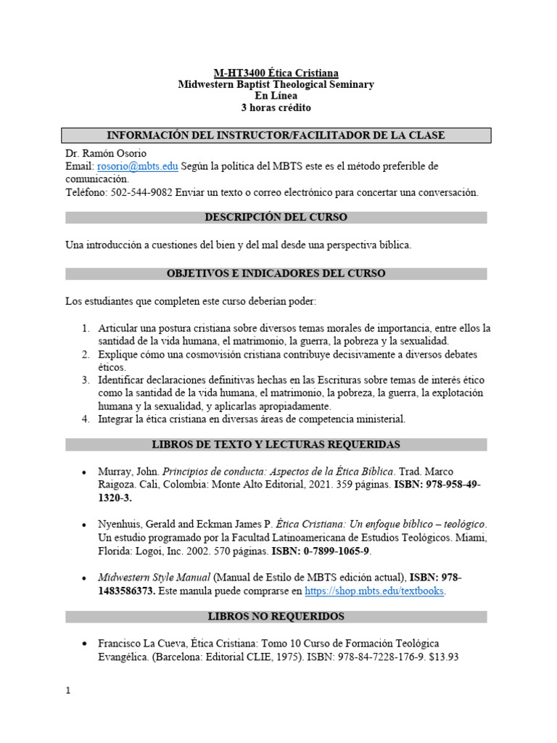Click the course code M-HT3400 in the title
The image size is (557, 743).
coord(238,73)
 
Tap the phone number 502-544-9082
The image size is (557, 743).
coord(141,192)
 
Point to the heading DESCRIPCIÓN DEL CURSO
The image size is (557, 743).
coord(276,217)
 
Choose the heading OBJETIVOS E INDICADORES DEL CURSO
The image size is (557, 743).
coord(276,274)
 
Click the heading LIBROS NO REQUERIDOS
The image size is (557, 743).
coord(276,617)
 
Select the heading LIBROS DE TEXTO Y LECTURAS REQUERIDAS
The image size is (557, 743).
coord(276,444)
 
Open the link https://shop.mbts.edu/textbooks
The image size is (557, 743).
coord(374,591)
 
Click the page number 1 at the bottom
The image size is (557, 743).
coord(68,691)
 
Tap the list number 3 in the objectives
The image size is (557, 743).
coord(85,380)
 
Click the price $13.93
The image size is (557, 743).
coord(444,657)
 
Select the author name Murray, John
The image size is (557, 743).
coord(127,472)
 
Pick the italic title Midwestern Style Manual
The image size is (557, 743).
coord(154,578)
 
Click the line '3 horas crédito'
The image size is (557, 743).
coord(276,107)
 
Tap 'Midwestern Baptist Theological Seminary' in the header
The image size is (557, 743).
coord(276,84)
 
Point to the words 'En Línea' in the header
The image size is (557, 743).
coord(276,96)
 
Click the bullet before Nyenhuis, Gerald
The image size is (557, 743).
coord(86,525)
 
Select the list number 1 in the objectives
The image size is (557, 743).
coord(85,328)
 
